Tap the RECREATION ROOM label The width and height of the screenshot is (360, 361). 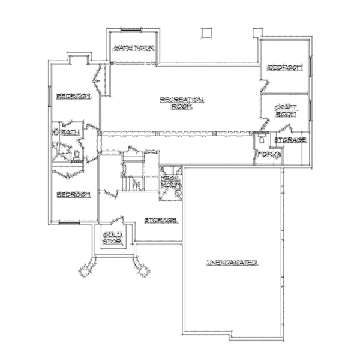point(182,103)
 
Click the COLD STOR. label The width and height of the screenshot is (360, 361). point(113,238)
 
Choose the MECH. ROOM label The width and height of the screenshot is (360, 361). point(170,182)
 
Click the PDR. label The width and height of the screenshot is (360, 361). point(265,155)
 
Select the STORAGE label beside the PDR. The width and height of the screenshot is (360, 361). point(290,140)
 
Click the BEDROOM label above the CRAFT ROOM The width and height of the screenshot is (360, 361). point(284,67)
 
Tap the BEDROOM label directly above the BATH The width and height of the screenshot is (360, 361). point(73,97)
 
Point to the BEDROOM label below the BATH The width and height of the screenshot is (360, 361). point(73,194)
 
